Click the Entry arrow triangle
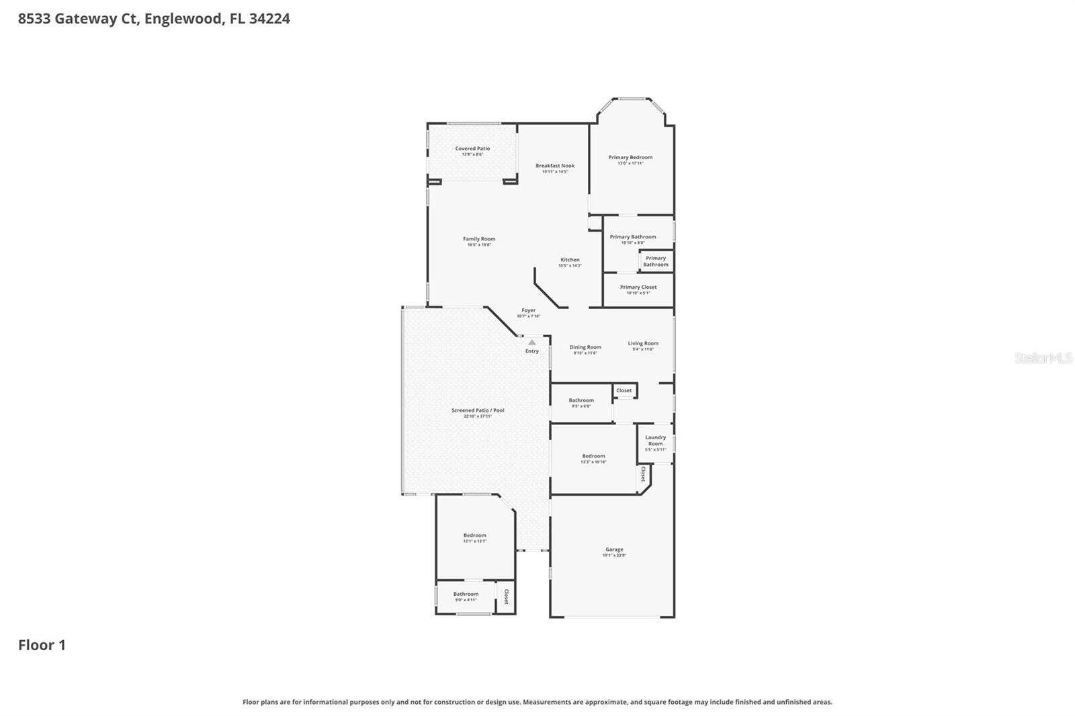point(532,343)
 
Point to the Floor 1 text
point(42,645)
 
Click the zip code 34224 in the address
point(269,19)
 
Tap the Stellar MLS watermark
point(1043,358)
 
